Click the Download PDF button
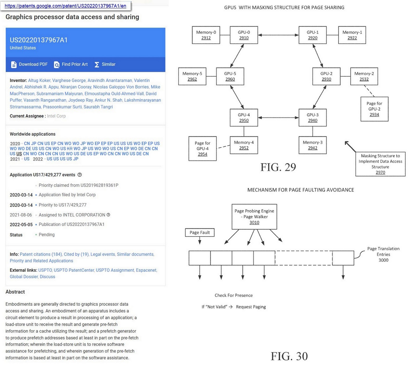(29, 64)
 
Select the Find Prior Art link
(71, 64)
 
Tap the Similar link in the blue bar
(105, 64)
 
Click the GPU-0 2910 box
(244, 35)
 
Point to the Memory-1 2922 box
(352, 35)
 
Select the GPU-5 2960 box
(230, 76)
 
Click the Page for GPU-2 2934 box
(374, 109)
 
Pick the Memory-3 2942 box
(313, 145)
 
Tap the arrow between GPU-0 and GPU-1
(278, 35)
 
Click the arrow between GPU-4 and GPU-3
(278, 117)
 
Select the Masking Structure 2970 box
(380, 164)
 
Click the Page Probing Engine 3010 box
(254, 216)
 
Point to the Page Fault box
(199, 232)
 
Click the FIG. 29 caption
(278, 167)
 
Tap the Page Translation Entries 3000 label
(383, 254)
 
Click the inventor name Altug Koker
(39, 80)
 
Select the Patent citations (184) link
(41, 254)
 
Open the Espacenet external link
(146, 270)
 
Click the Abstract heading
(15, 292)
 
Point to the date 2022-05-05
(21, 224)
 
